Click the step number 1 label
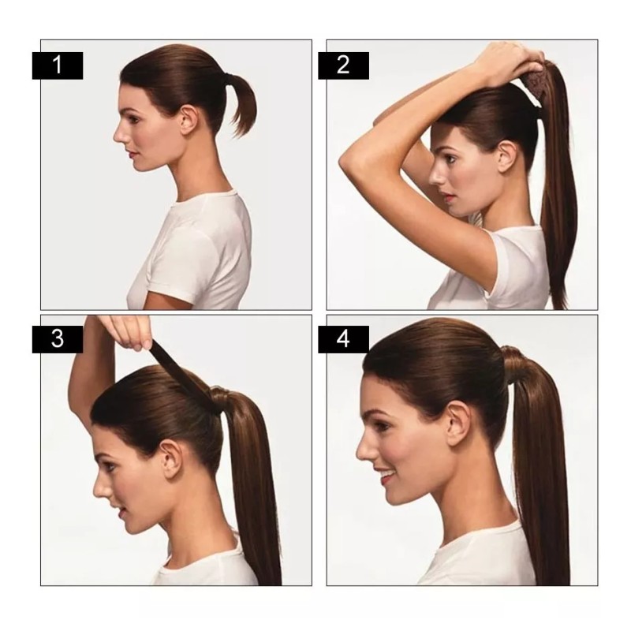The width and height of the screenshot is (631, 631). [x=57, y=65]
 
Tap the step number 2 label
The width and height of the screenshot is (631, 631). [x=343, y=65]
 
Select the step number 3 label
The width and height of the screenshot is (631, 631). [x=57, y=340]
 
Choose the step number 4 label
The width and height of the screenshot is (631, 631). [x=343, y=340]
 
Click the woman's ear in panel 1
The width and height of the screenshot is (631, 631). [x=187, y=120]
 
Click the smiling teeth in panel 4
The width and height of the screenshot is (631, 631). [x=386, y=476]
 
